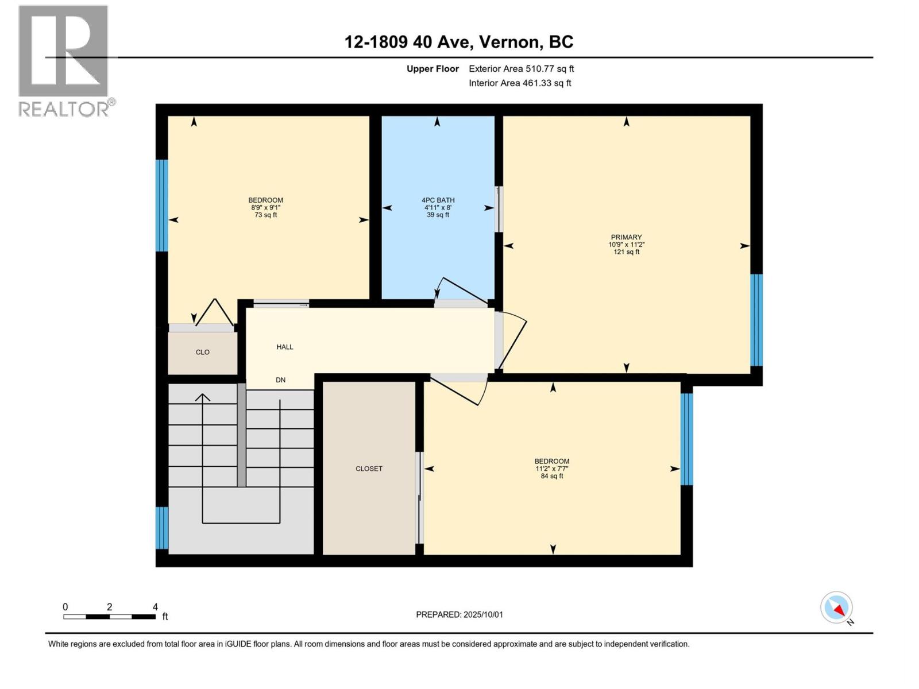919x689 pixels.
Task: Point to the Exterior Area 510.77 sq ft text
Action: (x=522, y=68)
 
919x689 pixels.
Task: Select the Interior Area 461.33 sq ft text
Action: (x=520, y=83)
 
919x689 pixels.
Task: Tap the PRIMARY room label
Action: (x=626, y=237)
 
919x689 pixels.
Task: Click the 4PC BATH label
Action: (x=438, y=200)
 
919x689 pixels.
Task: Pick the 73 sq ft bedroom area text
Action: (x=266, y=215)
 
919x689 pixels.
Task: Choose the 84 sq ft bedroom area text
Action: (x=552, y=476)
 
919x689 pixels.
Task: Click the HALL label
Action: (x=285, y=347)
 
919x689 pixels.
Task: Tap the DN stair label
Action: (x=280, y=380)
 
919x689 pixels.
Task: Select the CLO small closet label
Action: (x=203, y=352)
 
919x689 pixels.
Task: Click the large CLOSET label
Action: (x=369, y=469)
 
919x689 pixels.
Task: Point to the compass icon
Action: (x=836, y=607)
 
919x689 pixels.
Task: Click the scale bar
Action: (x=110, y=617)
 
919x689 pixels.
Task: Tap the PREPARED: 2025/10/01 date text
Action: (x=459, y=614)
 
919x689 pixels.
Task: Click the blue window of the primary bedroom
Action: (x=756, y=320)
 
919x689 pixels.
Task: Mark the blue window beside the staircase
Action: (x=162, y=528)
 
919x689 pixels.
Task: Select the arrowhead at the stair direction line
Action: (x=203, y=397)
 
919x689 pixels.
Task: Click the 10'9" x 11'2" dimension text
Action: (x=626, y=245)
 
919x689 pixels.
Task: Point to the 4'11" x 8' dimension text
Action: (x=438, y=207)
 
